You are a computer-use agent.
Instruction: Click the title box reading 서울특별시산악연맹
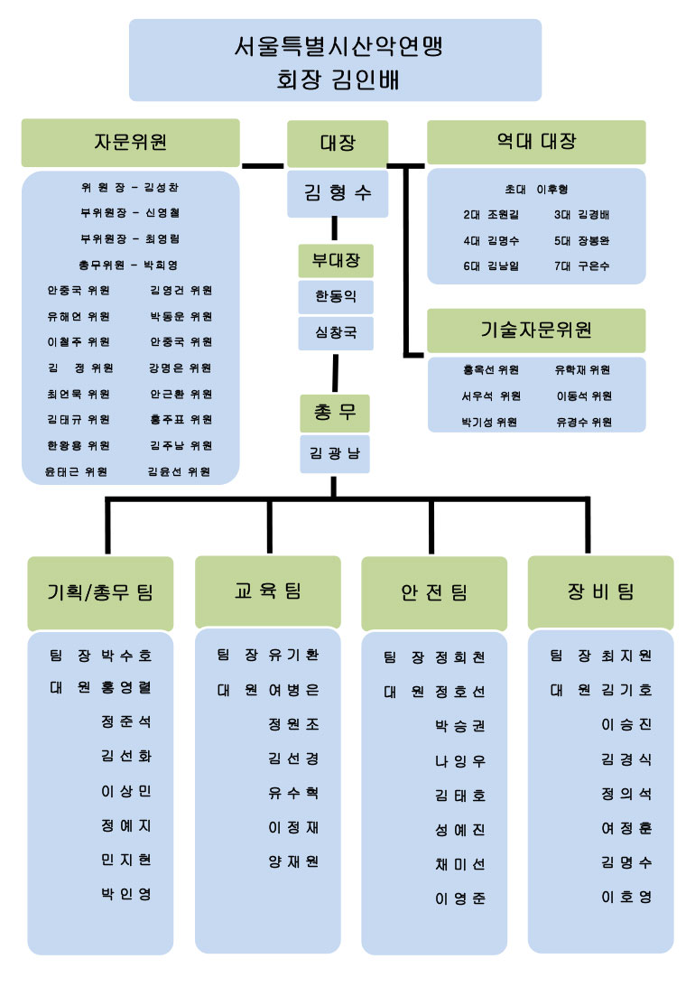click(x=335, y=60)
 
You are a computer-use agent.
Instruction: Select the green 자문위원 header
click(x=131, y=142)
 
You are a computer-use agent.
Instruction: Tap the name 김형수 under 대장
click(x=338, y=192)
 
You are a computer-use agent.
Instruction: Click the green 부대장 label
click(x=336, y=261)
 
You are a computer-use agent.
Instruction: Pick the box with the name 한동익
click(x=336, y=296)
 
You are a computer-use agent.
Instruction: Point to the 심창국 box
click(x=336, y=332)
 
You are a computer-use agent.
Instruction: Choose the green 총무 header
click(x=335, y=414)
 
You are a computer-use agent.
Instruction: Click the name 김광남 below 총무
click(x=335, y=454)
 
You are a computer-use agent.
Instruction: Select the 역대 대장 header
click(x=536, y=142)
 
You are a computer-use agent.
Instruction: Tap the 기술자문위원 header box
click(x=536, y=330)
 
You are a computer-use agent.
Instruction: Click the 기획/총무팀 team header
click(x=100, y=592)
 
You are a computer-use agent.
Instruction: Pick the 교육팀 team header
click(x=268, y=591)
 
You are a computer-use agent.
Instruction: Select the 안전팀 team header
click(x=434, y=592)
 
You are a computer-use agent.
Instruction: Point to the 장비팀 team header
click(x=600, y=591)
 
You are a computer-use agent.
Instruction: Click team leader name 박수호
click(x=126, y=654)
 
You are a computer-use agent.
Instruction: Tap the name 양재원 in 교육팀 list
click(x=293, y=861)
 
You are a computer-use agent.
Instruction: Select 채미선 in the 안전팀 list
click(x=459, y=864)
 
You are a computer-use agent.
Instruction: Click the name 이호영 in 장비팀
click(x=625, y=897)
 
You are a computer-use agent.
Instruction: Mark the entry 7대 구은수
click(x=581, y=266)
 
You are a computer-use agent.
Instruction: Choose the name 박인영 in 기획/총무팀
click(x=125, y=894)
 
